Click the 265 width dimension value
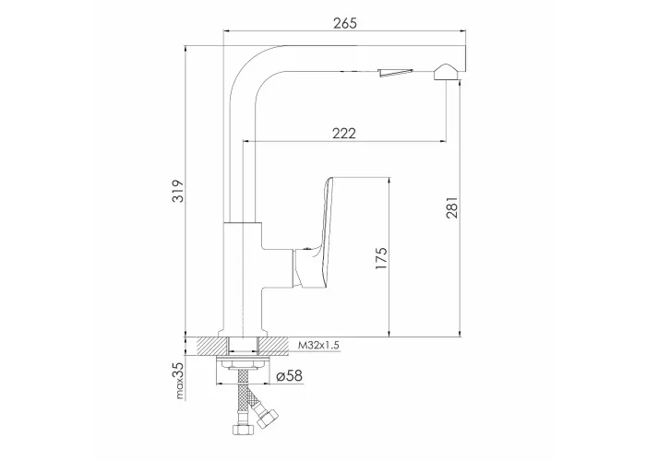(x=345, y=23)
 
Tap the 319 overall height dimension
(x=177, y=191)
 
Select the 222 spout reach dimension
(x=344, y=134)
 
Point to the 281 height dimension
(x=452, y=207)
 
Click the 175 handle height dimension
(x=382, y=258)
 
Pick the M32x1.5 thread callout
(x=319, y=346)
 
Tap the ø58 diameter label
(x=289, y=375)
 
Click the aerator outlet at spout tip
(x=444, y=72)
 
